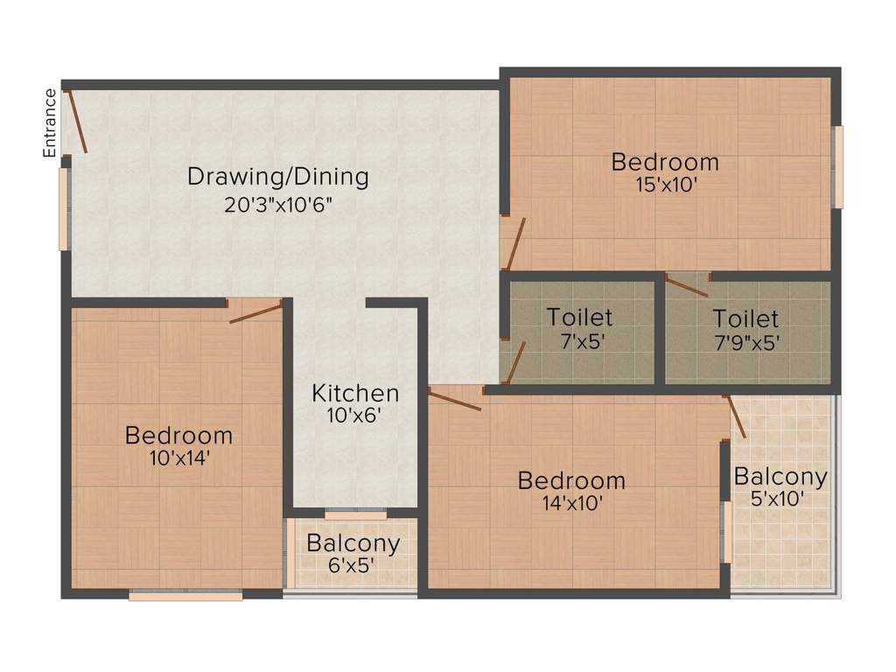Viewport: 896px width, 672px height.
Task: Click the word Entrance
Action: (x=50, y=122)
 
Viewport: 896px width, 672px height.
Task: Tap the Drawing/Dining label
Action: (x=278, y=177)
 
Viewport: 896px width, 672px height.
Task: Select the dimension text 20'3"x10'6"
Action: (x=278, y=205)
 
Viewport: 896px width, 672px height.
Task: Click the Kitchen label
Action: (x=355, y=393)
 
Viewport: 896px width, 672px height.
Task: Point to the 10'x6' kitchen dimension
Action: (x=355, y=416)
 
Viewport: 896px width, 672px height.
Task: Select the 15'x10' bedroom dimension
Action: (x=665, y=185)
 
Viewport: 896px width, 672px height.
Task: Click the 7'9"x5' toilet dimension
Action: (x=745, y=340)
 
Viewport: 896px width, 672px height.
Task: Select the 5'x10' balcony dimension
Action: (x=780, y=500)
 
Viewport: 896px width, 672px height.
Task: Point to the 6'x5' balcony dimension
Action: (x=353, y=565)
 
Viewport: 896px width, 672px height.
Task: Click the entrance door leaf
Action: (x=76, y=122)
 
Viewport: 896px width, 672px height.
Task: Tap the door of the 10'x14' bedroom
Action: (x=255, y=311)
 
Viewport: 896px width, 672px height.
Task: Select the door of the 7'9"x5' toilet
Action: (x=688, y=286)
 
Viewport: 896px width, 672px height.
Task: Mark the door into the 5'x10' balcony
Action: (x=736, y=416)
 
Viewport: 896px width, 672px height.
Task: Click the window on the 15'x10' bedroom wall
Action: (x=837, y=167)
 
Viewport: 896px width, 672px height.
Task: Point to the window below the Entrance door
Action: (x=63, y=209)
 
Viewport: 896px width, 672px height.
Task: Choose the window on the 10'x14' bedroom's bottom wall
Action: (x=185, y=596)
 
